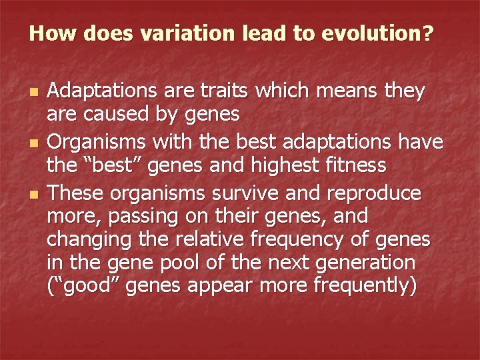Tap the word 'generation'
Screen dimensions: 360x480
click(x=359, y=261)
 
